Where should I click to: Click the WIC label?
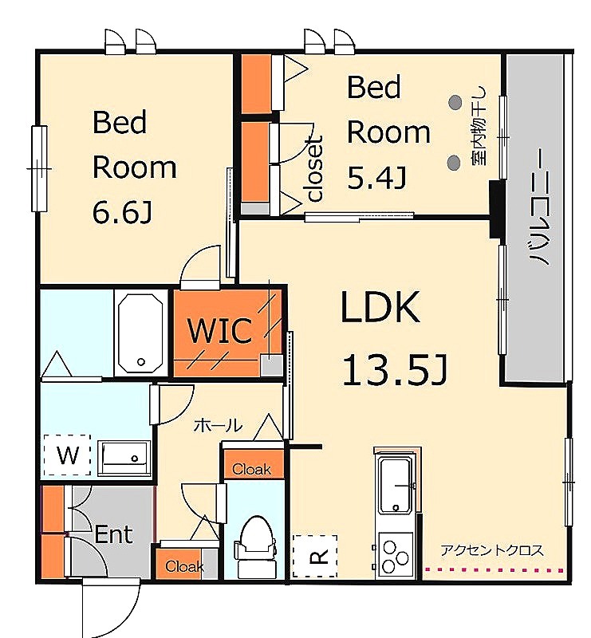[219, 330]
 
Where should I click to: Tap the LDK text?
[380, 306]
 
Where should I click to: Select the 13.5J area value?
[395, 369]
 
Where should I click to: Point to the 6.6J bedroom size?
[122, 212]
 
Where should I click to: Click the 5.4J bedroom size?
[376, 178]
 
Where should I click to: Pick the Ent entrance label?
[113, 534]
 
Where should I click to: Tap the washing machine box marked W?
[68, 455]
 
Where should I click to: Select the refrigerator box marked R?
[315, 556]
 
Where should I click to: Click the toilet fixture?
[254, 545]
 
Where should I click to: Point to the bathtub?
[141, 332]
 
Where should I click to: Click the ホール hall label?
[218, 426]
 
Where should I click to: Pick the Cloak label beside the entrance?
[184, 566]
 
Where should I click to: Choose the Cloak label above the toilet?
[251, 470]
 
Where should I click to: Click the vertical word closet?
[316, 168]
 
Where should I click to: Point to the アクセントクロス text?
[491, 550]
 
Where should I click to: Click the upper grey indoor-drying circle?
[455, 102]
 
